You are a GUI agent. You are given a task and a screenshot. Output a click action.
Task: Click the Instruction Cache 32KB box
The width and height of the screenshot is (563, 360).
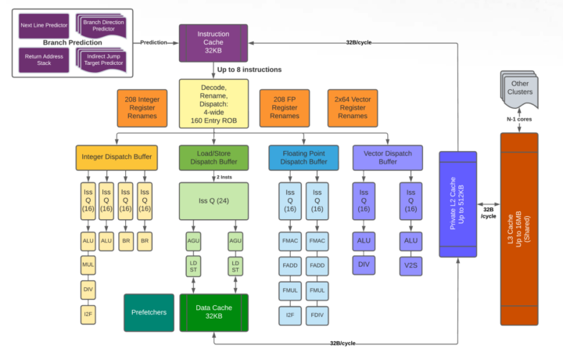pyautogui.click(x=213, y=41)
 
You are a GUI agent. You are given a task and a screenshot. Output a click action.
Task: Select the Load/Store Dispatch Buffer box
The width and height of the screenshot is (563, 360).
pyautogui.click(x=213, y=157)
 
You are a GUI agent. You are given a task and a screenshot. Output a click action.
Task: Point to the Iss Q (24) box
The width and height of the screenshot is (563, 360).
pyautogui.click(x=213, y=200)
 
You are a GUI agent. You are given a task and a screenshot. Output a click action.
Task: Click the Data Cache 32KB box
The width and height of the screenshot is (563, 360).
pyautogui.click(x=213, y=311)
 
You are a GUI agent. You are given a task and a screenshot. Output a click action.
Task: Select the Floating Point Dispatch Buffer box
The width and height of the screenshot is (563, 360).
pyautogui.click(x=303, y=157)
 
